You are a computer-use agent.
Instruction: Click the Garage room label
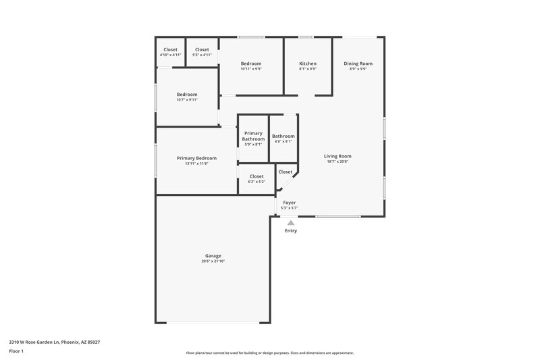213,255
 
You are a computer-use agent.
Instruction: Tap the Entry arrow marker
291,222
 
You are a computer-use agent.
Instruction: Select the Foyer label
289,203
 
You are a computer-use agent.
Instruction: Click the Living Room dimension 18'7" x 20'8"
337,162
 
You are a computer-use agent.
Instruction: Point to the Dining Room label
358,63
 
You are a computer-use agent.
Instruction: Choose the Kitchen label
308,63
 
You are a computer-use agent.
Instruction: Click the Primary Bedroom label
196,157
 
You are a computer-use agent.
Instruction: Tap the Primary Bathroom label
253,136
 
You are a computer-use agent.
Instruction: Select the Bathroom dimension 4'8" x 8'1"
283,142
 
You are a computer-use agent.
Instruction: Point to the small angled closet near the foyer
286,172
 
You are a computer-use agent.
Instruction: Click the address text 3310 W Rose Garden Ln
53,342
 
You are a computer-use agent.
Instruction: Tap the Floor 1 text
17,352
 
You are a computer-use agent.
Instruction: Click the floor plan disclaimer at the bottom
269,353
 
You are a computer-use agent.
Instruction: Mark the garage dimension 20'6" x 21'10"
213,261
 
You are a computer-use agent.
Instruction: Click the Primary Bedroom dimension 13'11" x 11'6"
196,163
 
